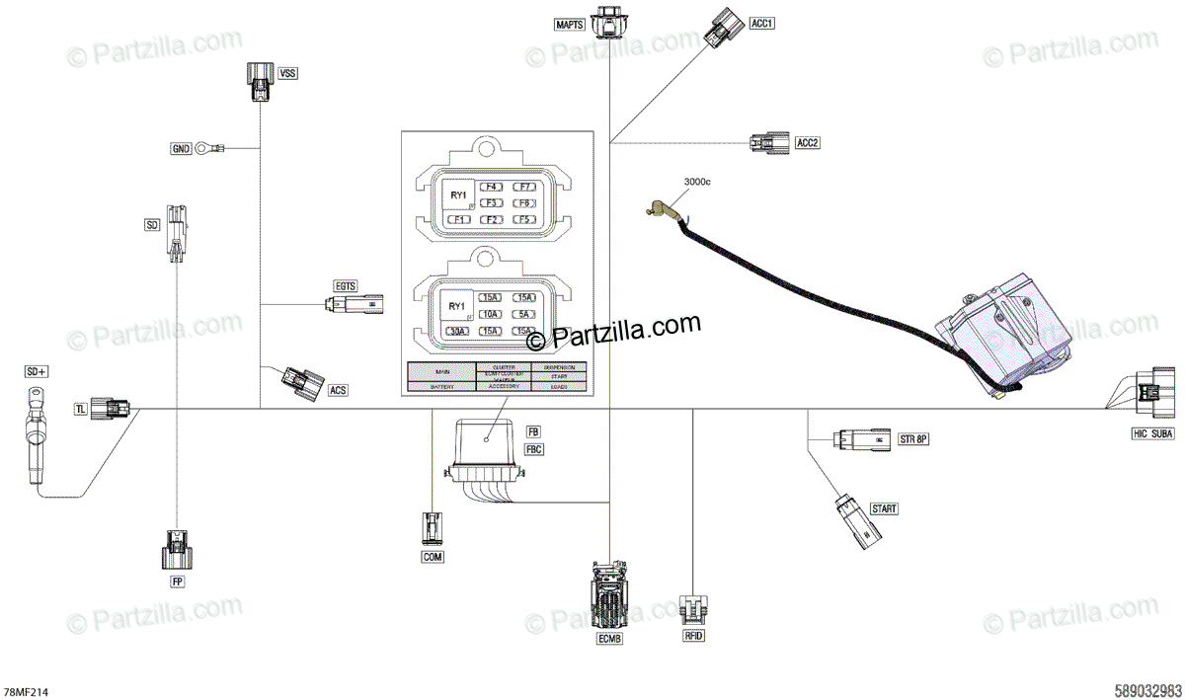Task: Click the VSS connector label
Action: [x=287, y=73]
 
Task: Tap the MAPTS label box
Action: [x=570, y=23]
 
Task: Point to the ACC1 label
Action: [x=761, y=23]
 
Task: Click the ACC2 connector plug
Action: [x=766, y=142]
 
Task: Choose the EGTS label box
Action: [x=346, y=286]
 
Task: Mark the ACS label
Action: [x=338, y=391]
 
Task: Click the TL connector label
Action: [x=81, y=408]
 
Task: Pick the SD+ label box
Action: [x=37, y=372]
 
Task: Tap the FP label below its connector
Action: [x=178, y=582]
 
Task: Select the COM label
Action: [x=433, y=557]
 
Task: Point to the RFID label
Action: [x=694, y=636]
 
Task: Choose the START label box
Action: [x=884, y=508]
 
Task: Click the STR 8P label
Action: [x=913, y=437]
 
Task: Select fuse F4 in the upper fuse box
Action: [x=491, y=187]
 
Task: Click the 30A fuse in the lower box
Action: [x=456, y=331]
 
